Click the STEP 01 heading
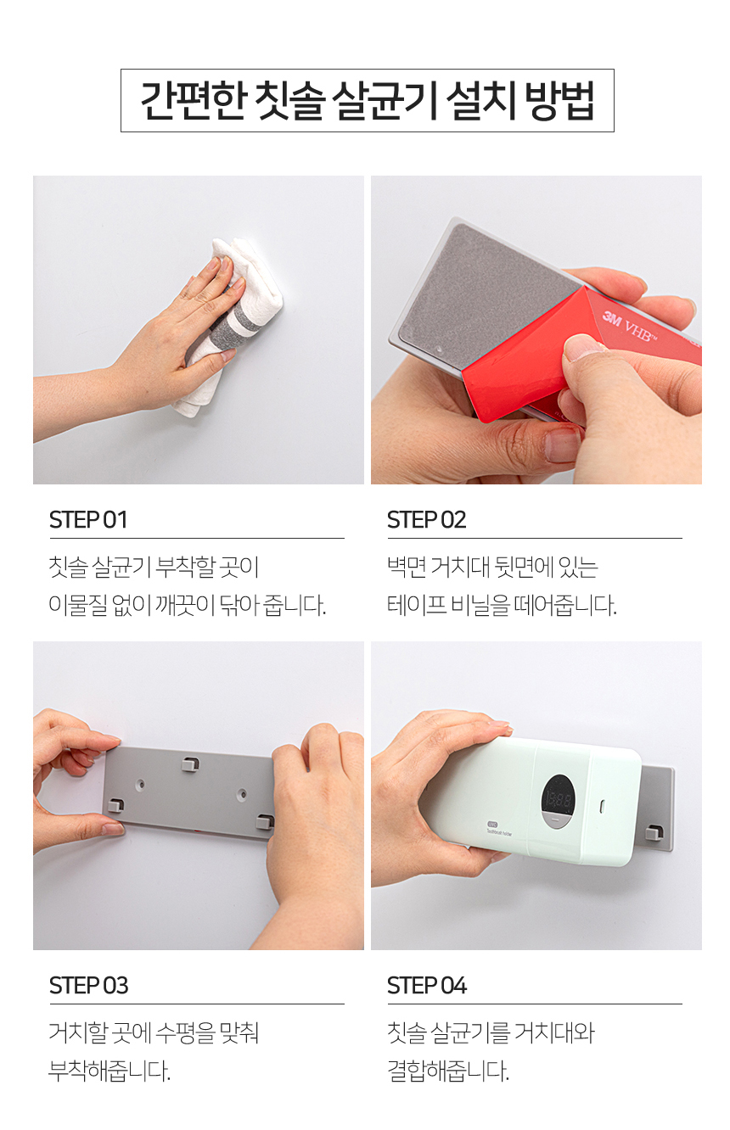tap(87, 520)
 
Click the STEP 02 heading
tap(427, 520)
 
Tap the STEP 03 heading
tap(89, 986)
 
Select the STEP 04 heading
tap(427, 986)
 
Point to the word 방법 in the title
tap(560, 100)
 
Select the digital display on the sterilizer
tap(558, 801)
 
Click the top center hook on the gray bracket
tap(190, 764)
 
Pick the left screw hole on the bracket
tap(141, 785)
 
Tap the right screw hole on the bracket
tap(243, 794)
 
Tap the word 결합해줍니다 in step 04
tap(448, 1071)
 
